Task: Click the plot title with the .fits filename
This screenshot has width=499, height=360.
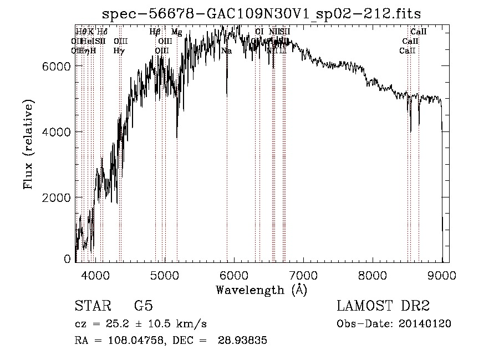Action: [266, 13]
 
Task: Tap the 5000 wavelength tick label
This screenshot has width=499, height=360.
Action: [165, 274]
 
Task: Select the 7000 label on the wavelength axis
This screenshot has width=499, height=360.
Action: [303, 274]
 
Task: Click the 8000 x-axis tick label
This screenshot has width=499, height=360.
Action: [373, 274]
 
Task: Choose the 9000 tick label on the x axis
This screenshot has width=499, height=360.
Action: [442, 274]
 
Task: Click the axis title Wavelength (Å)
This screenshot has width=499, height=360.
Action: [261, 290]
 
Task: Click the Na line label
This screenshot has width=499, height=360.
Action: [226, 51]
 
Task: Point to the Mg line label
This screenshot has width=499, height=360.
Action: [176, 32]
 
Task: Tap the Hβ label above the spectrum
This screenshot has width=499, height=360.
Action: [155, 32]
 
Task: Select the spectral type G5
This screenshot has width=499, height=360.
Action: [143, 306]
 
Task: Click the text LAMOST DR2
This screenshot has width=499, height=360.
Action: [383, 306]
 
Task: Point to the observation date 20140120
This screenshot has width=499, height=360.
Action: [425, 324]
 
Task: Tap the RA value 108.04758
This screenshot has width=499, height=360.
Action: [132, 341]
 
